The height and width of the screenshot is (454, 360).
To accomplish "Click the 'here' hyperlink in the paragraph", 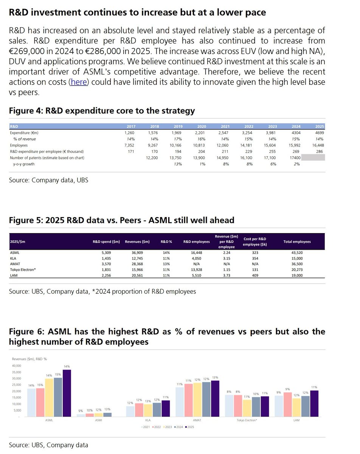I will [x=79, y=82].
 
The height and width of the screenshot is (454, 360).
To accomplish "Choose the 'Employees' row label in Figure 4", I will [x=19, y=145].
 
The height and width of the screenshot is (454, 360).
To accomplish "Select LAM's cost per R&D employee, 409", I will [x=255, y=276].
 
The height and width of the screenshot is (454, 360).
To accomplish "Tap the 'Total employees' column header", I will [x=297, y=241].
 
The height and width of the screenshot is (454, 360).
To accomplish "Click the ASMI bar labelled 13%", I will [x=107, y=414].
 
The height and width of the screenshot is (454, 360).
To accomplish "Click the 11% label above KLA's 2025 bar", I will [x=165, y=397].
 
